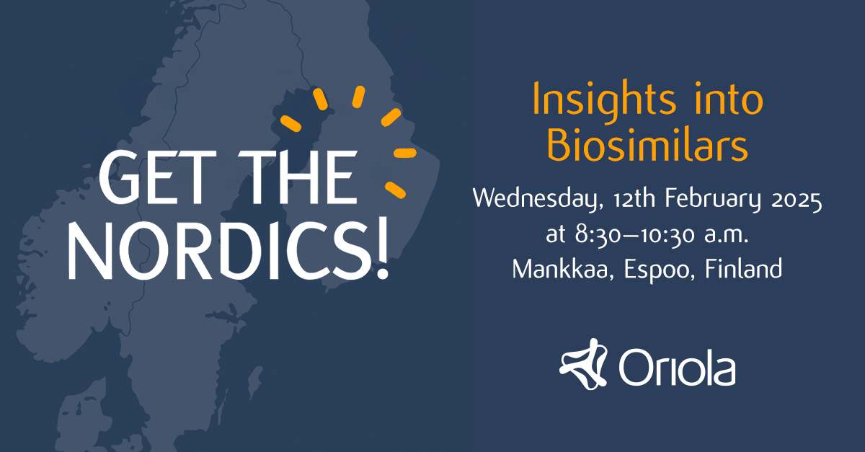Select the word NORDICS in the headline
[x=218, y=252]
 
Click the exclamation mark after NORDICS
[x=382, y=247]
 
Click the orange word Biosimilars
[x=647, y=146]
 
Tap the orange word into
[x=729, y=99]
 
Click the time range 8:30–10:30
[x=635, y=234]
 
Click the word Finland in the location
[x=744, y=268]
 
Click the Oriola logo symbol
[x=583, y=364]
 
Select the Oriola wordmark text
[x=677, y=367]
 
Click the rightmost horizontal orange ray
[x=404, y=153]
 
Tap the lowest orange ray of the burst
[x=395, y=190]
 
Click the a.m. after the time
[x=727, y=235]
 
